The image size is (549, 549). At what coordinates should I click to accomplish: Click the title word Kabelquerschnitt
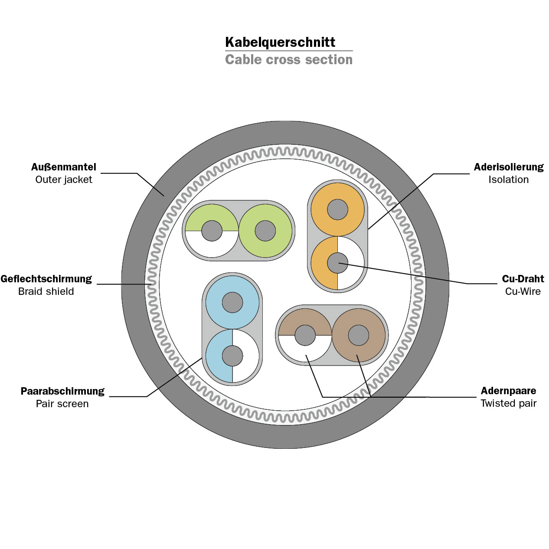(x=280, y=42)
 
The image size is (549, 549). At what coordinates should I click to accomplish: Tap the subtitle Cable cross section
(x=289, y=59)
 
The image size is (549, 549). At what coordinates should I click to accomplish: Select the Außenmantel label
(x=64, y=167)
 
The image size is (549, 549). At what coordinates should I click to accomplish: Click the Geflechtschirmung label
(x=46, y=279)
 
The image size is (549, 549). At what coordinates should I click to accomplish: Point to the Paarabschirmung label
(x=62, y=391)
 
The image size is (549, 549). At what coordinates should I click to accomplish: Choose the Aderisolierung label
(x=509, y=167)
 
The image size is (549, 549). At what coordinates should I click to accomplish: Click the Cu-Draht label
(x=523, y=279)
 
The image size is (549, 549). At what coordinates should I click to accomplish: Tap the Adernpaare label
(x=508, y=391)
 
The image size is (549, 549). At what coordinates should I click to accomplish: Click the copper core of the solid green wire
(x=265, y=231)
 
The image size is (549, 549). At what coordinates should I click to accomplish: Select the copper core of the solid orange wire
(x=338, y=209)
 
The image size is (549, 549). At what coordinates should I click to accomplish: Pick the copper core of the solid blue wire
(x=232, y=302)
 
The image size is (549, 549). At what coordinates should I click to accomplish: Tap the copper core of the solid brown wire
(x=359, y=335)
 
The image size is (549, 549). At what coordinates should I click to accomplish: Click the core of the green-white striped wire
(x=212, y=231)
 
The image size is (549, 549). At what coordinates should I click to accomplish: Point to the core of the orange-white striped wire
(x=338, y=263)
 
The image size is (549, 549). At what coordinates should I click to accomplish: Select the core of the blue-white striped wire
(x=232, y=356)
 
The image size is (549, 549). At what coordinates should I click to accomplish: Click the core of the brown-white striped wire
(x=305, y=335)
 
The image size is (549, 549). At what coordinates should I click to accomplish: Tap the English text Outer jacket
(x=64, y=180)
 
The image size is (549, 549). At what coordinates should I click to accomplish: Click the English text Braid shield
(x=46, y=291)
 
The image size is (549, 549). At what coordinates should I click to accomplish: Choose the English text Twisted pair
(x=509, y=403)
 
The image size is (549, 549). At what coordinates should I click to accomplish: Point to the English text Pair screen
(x=62, y=404)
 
